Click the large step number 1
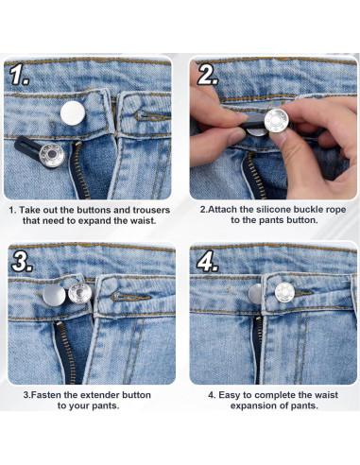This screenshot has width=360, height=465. click(19, 74)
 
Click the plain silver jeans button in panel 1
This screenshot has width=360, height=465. click(71, 112)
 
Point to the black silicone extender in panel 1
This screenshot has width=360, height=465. click(33, 150)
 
